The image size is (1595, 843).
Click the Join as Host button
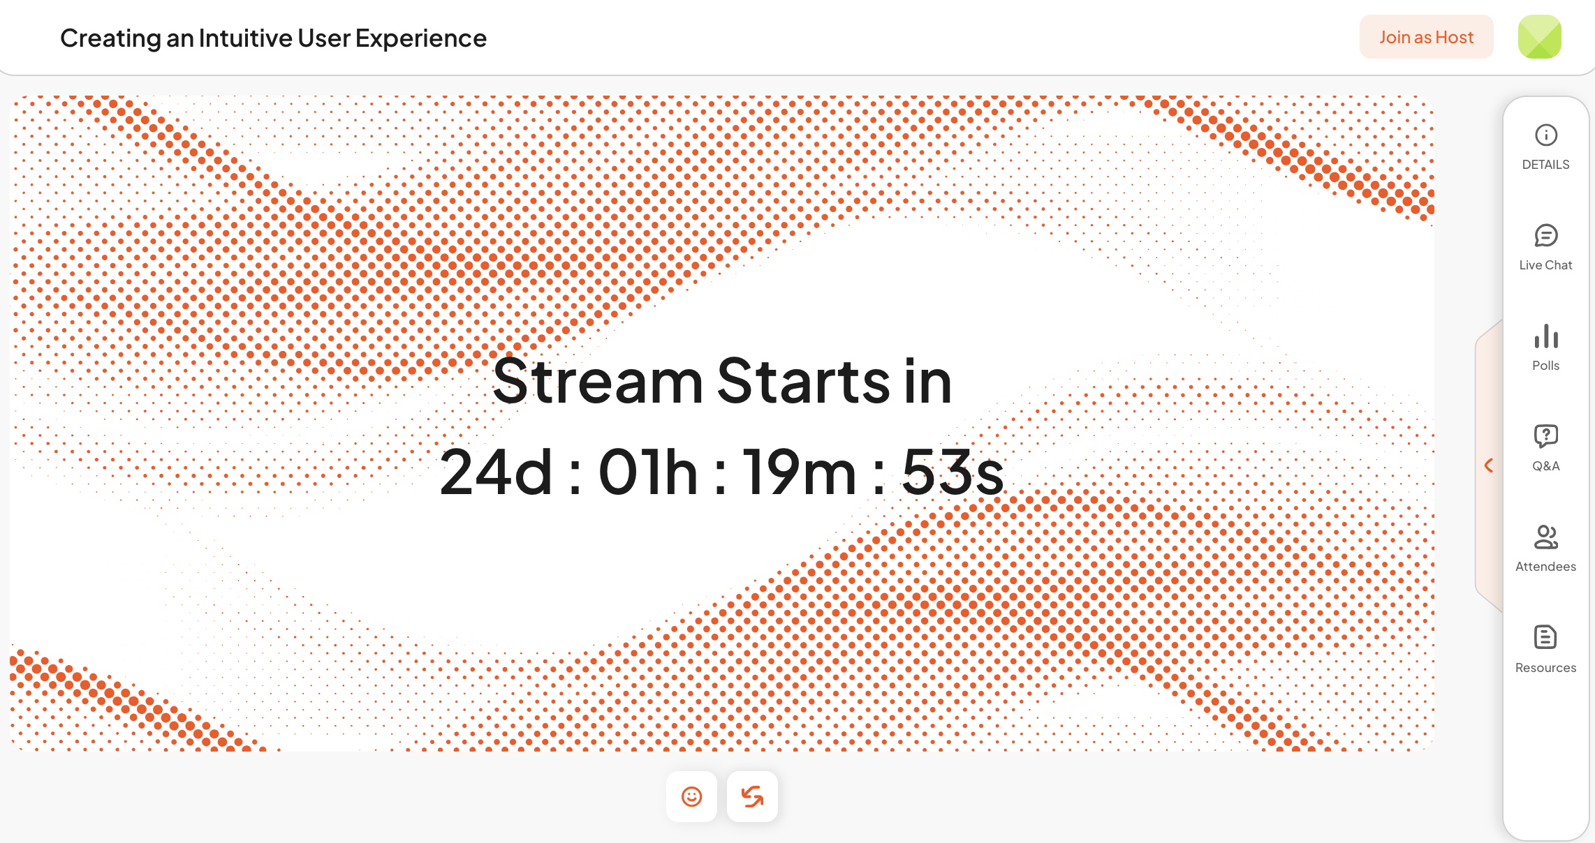pos(1426,37)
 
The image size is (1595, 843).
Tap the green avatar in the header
pos(1539,37)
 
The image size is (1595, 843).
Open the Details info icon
pos(1546,135)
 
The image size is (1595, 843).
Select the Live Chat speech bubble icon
pos(1546,236)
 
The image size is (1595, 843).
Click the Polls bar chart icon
pos(1546,336)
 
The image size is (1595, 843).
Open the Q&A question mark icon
pos(1546,436)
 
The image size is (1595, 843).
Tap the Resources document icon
pos(1546,637)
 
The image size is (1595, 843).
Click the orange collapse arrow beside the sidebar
pos(1488,465)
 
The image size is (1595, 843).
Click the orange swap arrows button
pos(752,796)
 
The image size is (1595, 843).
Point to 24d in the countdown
pos(497,472)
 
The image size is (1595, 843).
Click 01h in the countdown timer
pos(648,472)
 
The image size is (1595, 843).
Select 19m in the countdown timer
pos(799,472)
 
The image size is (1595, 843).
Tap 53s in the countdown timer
pos(953,472)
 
